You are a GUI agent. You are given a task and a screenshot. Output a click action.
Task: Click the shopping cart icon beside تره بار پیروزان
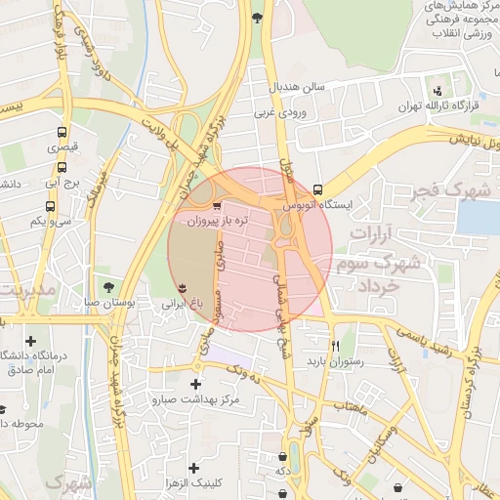point(216,206)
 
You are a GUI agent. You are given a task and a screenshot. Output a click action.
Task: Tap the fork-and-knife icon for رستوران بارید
point(335,345)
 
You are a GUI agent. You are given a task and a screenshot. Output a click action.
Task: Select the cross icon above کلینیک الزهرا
point(193,468)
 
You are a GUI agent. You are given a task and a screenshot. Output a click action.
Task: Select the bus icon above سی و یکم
point(50,206)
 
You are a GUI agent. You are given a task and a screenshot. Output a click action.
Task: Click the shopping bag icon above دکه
point(281,454)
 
